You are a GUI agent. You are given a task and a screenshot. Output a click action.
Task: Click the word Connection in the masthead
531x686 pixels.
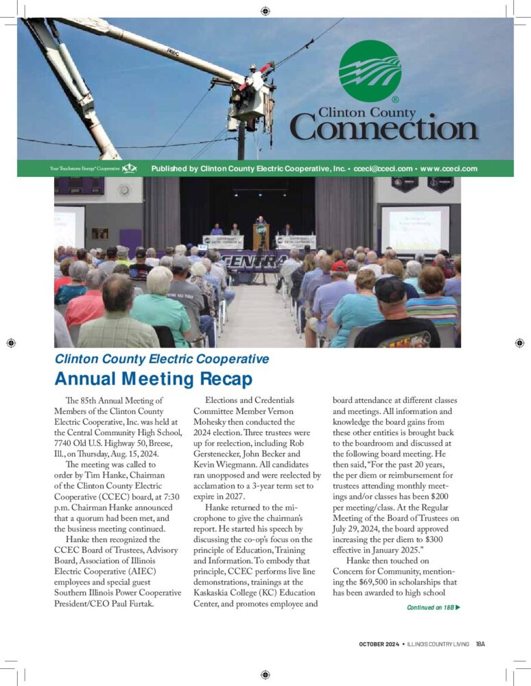point(383,129)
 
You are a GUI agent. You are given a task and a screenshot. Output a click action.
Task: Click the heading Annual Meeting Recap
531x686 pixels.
point(153,378)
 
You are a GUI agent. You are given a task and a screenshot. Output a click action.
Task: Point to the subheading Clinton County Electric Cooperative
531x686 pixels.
point(162,358)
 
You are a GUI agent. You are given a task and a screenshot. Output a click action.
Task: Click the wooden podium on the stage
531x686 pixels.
point(261,237)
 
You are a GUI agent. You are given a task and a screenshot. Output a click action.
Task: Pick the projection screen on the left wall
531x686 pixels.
point(69,226)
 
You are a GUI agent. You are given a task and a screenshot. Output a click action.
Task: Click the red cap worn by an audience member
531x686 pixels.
point(339,266)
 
